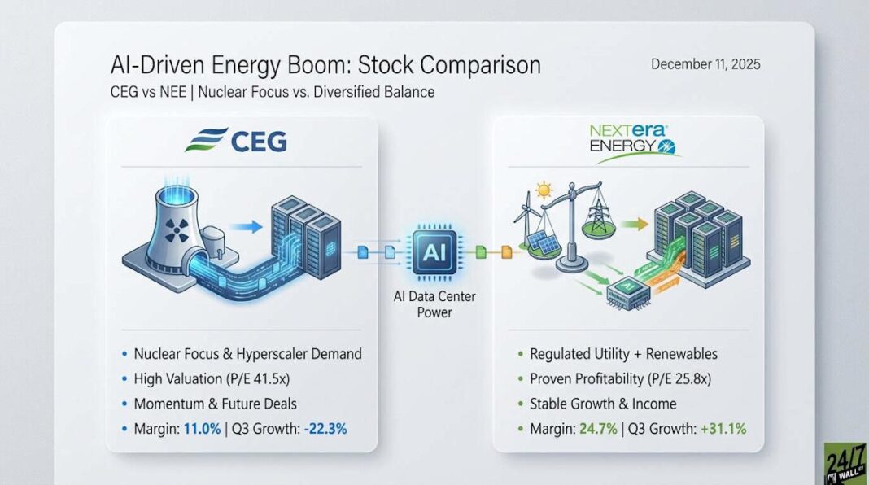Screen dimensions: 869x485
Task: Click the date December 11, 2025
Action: (705, 64)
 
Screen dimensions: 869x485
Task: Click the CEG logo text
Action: (258, 141)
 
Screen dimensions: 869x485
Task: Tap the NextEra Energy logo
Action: (631, 142)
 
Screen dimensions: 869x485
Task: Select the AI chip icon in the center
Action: (434, 252)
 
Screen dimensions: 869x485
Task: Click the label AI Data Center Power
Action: (434, 304)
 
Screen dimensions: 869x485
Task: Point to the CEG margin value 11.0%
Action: (202, 429)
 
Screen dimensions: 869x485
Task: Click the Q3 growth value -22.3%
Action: (325, 429)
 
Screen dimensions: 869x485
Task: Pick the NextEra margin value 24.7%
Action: (598, 429)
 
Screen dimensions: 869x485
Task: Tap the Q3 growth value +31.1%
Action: (723, 429)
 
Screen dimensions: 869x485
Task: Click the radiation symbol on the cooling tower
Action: (177, 230)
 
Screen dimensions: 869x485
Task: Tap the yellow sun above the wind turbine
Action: (544, 190)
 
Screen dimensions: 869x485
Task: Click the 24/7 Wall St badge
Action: (846, 464)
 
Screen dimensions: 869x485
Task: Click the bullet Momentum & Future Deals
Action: (215, 404)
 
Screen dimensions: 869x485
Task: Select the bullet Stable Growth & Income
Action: (603, 404)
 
